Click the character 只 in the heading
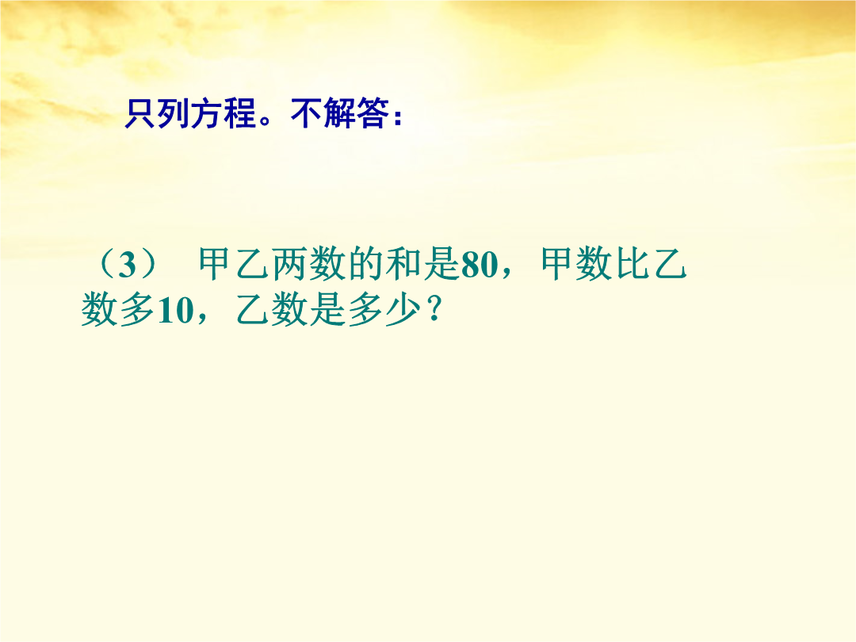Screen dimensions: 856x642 click(140, 113)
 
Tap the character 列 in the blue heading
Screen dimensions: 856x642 click(174, 113)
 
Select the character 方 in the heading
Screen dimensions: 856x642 click(207, 113)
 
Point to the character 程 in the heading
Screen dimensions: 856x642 click(240, 113)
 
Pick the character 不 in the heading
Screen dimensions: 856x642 click(306, 113)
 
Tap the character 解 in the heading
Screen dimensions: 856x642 click(339, 113)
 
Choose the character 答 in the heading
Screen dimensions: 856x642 click(373, 113)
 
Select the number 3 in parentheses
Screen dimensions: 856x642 click(127, 266)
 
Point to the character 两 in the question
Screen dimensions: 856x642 click(290, 264)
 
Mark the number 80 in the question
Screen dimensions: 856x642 click(480, 266)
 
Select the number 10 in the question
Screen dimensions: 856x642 click(175, 311)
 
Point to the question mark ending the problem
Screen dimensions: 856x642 click(434, 310)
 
